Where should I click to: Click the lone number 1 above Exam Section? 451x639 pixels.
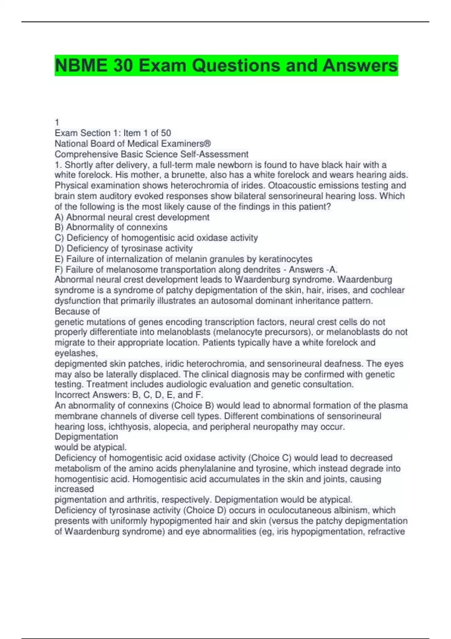pos(57,122)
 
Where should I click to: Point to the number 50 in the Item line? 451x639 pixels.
pos(166,133)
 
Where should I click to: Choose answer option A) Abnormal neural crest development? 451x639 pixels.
pos(132,217)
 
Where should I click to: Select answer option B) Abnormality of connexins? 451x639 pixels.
pos(111,227)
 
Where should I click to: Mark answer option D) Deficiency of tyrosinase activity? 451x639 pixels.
pos(124,248)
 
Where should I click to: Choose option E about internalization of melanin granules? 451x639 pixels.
pos(183,259)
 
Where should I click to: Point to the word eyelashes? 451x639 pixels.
pos(76,353)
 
